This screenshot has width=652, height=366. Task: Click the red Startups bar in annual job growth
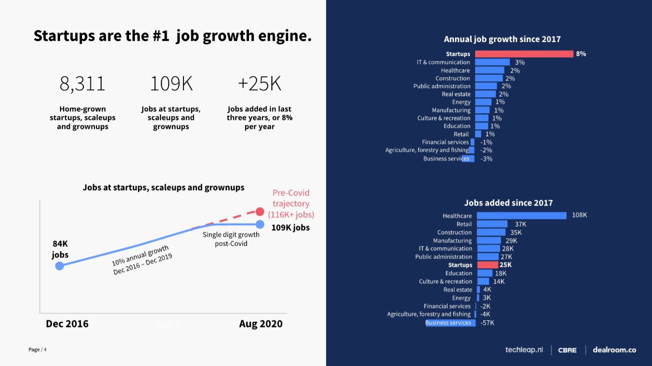pyautogui.click(x=524, y=54)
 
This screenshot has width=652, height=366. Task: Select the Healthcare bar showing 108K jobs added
pyautogui.click(x=521, y=215)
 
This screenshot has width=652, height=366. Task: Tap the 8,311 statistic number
pyautogui.click(x=82, y=84)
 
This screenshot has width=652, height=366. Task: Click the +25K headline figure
pyautogui.click(x=259, y=84)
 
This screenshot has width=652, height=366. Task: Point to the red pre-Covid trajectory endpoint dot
pyautogui.click(x=260, y=211)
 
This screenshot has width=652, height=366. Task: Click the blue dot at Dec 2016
pyautogui.click(x=59, y=266)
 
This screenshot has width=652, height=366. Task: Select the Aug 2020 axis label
pyautogui.click(x=260, y=324)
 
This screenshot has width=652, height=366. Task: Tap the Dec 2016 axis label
pyautogui.click(x=67, y=324)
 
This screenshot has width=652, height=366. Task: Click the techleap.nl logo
pyautogui.click(x=524, y=350)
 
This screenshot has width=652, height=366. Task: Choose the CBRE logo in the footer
pyautogui.click(x=567, y=350)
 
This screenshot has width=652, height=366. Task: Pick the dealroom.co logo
pyautogui.click(x=614, y=350)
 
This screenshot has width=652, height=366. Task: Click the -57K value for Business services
pyautogui.click(x=487, y=323)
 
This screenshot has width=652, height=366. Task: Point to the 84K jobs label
pyautogui.click(x=60, y=249)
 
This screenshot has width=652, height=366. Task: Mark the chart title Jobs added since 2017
pyautogui.click(x=508, y=203)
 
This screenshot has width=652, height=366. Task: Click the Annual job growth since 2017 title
pyautogui.click(x=502, y=39)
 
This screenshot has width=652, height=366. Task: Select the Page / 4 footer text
pyautogui.click(x=37, y=349)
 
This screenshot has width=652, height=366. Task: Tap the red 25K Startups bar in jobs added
pyautogui.click(x=487, y=265)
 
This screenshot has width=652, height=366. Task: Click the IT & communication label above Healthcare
pyautogui.click(x=443, y=62)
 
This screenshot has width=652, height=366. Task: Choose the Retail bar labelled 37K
pyautogui.click(x=492, y=224)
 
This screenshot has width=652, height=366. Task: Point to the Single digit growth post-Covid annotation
pyautogui.click(x=231, y=239)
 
